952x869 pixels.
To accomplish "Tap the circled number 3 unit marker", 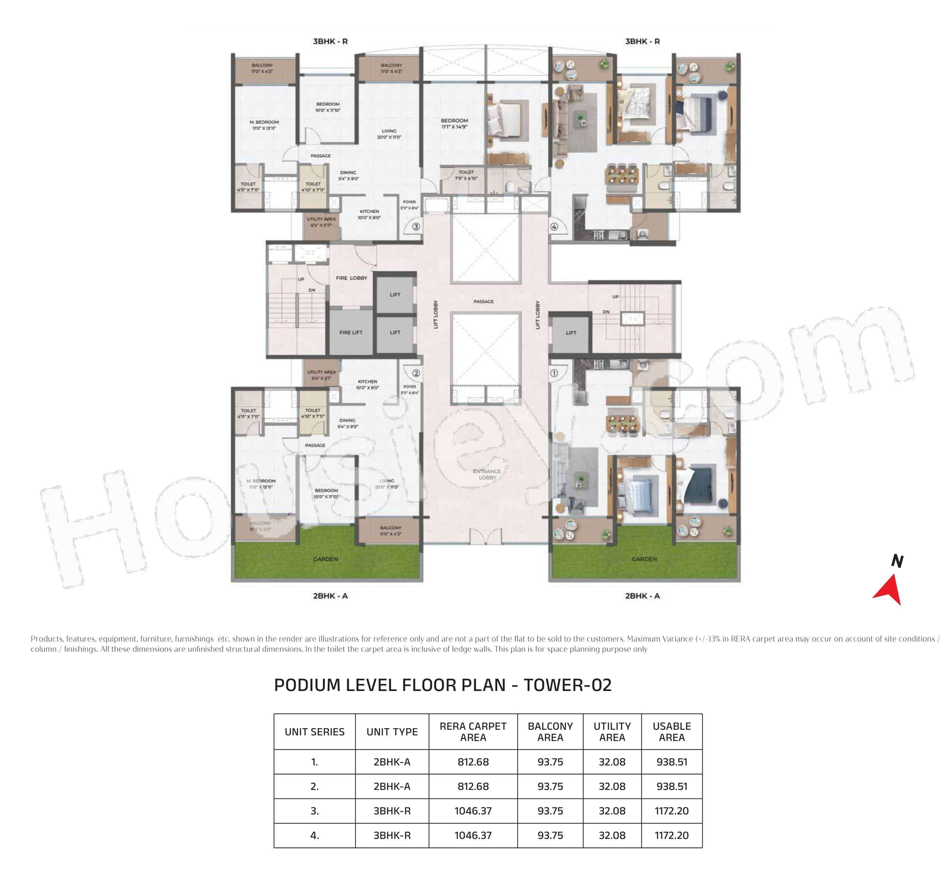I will click(x=416, y=227).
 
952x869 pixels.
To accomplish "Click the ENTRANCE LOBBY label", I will click(x=487, y=474).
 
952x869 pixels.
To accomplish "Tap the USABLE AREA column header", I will click(x=671, y=732).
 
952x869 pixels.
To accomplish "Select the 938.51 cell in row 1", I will click(x=671, y=762).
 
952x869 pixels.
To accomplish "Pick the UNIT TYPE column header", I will click(x=392, y=732).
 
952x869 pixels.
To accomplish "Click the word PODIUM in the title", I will click(x=307, y=685).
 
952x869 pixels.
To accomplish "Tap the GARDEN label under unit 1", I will click(x=644, y=559).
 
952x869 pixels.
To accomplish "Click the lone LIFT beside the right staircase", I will click(x=571, y=332).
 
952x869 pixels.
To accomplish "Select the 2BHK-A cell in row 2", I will click(x=392, y=786).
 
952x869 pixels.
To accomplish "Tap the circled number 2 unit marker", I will click(x=416, y=373).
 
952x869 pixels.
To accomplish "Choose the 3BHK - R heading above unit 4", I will click(x=642, y=41).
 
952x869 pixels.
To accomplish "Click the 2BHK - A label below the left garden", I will click(x=330, y=596).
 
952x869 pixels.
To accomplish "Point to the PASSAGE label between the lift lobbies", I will click(x=484, y=301).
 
